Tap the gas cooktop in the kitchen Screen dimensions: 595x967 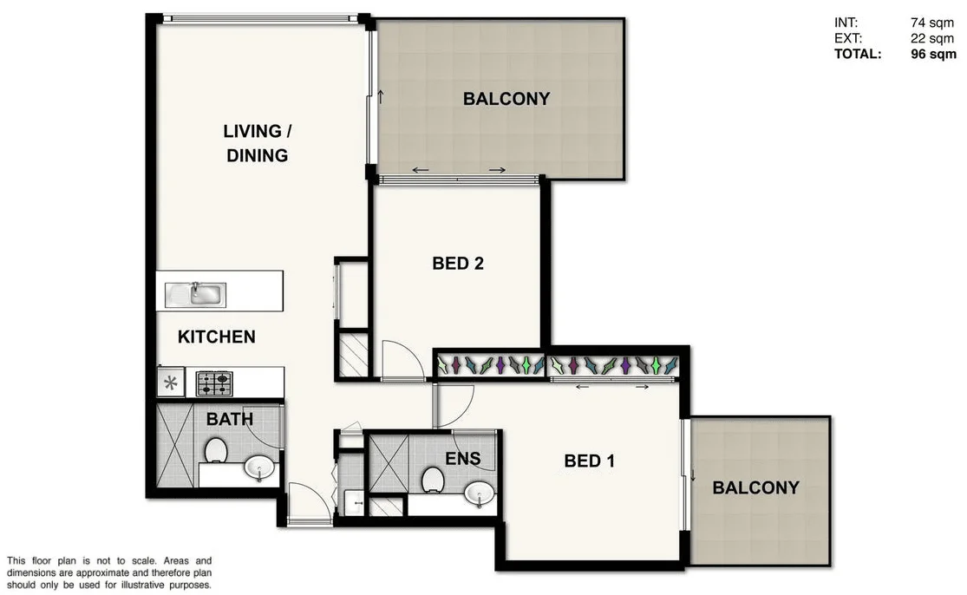213,382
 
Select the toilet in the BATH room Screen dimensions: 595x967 216,450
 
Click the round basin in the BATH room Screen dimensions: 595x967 259,468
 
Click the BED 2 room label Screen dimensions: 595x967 457,264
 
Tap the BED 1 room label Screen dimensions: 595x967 589,461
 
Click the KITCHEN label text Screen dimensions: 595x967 216,337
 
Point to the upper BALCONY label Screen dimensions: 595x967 506,99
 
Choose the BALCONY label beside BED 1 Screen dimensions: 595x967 755,488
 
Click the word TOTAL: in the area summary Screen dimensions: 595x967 858,54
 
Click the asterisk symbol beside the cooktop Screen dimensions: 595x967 170,382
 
